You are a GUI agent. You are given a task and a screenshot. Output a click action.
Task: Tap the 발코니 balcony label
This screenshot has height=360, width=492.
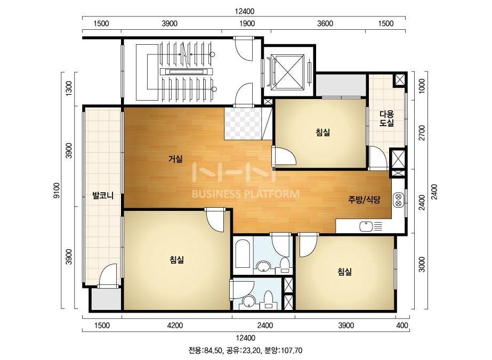102,196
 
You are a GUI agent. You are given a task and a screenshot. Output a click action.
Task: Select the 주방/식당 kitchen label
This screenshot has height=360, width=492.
364,200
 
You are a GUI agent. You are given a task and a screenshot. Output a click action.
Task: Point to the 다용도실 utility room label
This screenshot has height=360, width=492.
386,119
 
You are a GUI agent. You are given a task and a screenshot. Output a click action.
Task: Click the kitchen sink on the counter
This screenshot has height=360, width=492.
366,226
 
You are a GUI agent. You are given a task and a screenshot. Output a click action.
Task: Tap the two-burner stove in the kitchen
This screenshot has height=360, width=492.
399,200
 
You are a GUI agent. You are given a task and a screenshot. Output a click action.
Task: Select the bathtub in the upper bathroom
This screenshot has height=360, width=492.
242,254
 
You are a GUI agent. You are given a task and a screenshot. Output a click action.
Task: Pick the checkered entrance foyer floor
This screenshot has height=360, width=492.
244,124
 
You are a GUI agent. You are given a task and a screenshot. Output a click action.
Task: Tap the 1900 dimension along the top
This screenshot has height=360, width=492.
247,23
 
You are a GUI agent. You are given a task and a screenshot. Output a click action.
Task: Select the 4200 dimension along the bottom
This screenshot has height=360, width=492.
175,325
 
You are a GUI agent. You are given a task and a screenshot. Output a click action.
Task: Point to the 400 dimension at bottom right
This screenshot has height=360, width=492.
402,325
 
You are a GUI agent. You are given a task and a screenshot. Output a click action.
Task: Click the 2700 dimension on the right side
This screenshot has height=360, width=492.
422,133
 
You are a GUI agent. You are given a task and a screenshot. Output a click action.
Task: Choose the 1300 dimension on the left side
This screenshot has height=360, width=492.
69,88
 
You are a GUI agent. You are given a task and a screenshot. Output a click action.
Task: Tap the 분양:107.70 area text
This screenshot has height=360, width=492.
284,350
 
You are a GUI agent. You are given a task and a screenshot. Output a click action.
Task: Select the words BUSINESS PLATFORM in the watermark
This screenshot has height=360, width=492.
245,194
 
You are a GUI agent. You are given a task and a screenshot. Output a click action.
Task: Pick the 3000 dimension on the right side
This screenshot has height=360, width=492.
422,264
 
